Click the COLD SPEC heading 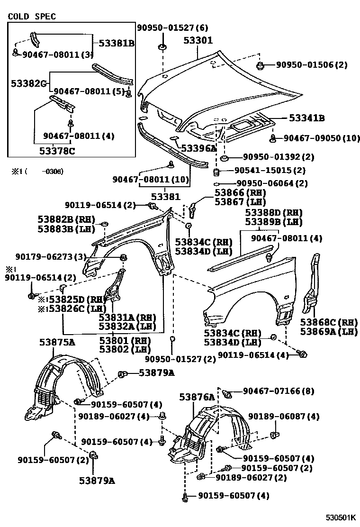(32, 17)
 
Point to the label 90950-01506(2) (308, 65)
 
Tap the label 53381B (117, 44)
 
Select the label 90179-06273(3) (44, 256)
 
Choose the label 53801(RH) (125, 340)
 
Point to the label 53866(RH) (240, 193)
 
